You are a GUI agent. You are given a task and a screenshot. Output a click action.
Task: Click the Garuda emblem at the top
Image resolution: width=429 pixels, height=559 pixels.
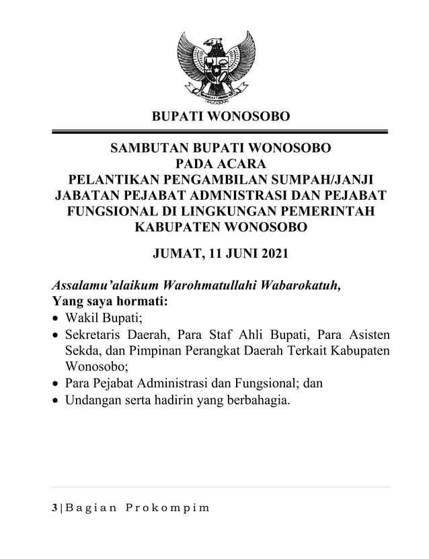(x=214, y=65)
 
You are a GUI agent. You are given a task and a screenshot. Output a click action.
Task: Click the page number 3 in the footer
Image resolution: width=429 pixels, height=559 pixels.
(x=54, y=505)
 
